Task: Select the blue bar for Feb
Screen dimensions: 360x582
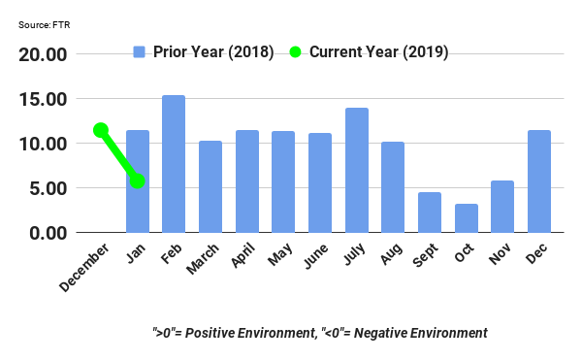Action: (x=174, y=164)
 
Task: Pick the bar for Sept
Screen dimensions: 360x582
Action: (x=429, y=213)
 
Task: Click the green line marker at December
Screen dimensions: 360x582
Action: (x=100, y=130)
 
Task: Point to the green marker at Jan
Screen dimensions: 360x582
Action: (x=137, y=180)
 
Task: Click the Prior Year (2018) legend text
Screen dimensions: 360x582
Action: (x=213, y=51)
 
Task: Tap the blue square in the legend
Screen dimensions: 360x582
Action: (x=139, y=51)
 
